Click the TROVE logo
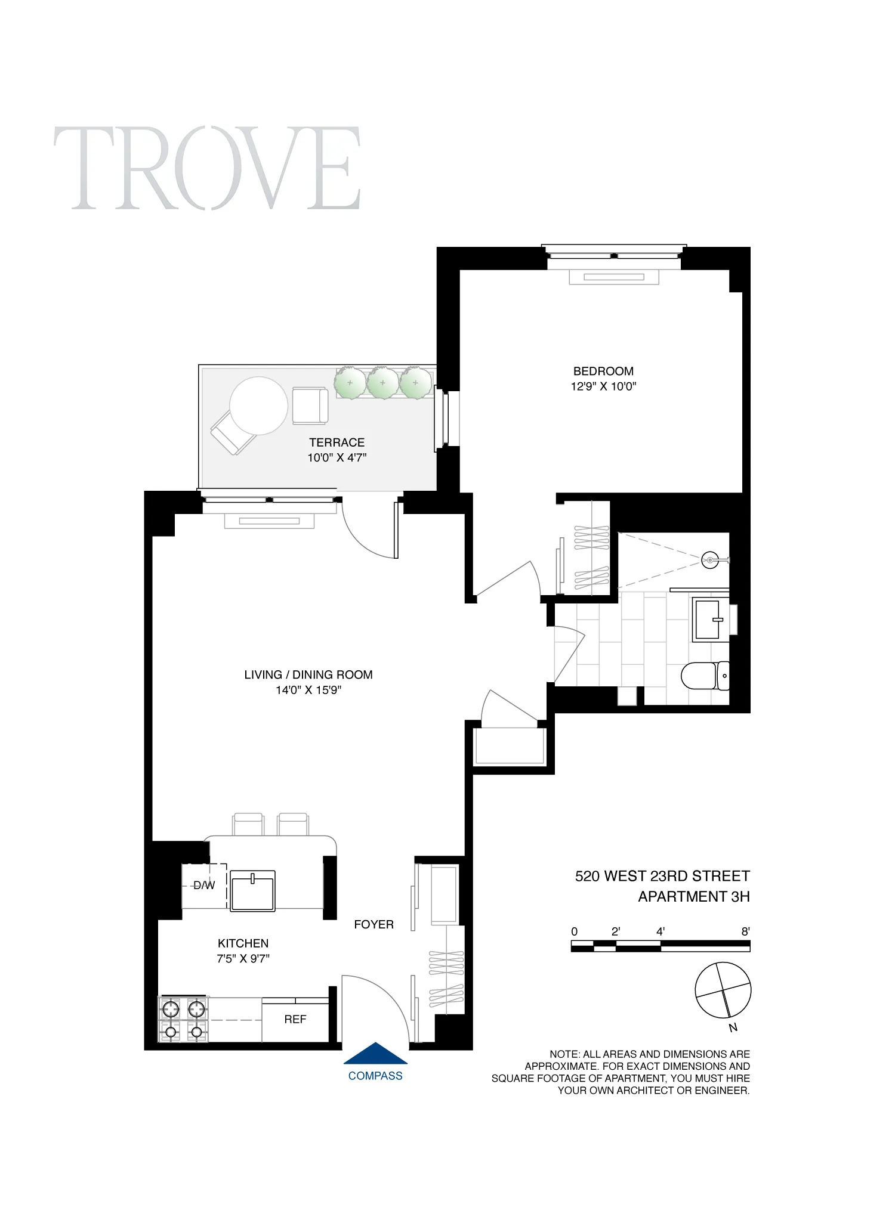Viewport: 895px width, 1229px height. click(207, 168)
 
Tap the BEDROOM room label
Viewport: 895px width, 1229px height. click(603, 371)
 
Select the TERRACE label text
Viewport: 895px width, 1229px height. click(337, 442)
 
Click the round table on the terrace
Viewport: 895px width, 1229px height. click(258, 405)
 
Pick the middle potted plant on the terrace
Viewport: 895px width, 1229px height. click(382, 383)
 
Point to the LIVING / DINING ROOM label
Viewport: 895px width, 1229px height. click(308, 674)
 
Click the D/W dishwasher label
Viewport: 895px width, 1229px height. click(204, 886)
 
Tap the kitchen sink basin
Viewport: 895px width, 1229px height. click(252, 890)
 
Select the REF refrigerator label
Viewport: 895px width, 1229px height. click(295, 1020)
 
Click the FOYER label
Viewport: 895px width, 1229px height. click(374, 924)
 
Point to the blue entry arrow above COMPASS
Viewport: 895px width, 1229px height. click(375, 1054)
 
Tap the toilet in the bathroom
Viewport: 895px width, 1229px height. click(704, 676)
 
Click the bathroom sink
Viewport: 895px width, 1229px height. click(709, 620)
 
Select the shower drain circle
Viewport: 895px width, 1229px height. click(709, 561)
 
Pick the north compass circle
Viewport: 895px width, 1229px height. click(723, 990)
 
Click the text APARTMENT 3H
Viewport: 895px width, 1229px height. click(693, 897)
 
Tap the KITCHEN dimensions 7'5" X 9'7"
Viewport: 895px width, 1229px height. click(243, 958)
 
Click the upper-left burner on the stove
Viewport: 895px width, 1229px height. click(171, 1009)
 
